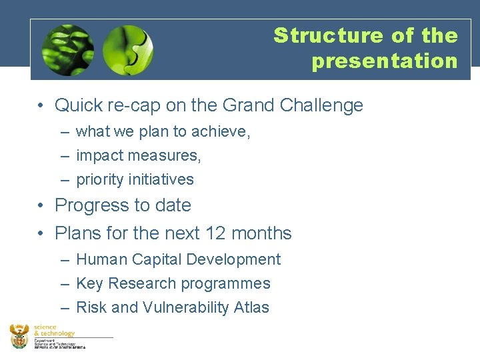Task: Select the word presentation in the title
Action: tap(385, 61)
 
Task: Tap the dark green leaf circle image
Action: tap(67, 51)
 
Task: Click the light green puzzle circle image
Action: tap(128, 51)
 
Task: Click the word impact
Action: tap(99, 156)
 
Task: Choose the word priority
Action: tap(101, 180)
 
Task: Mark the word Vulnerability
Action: tap(188, 308)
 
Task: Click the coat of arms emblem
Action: tap(20, 337)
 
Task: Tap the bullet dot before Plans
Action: tap(41, 234)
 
